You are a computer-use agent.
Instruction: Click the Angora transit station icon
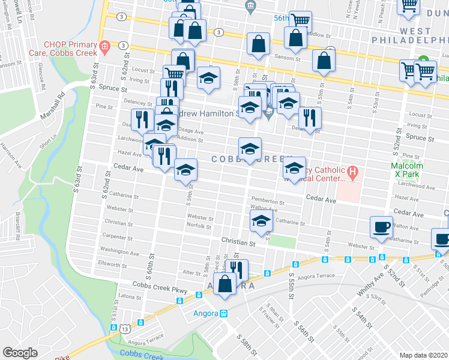[x=223, y=313]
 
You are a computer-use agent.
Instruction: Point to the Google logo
[x=20, y=353]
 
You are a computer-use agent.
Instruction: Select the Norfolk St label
[x=199, y=226]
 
